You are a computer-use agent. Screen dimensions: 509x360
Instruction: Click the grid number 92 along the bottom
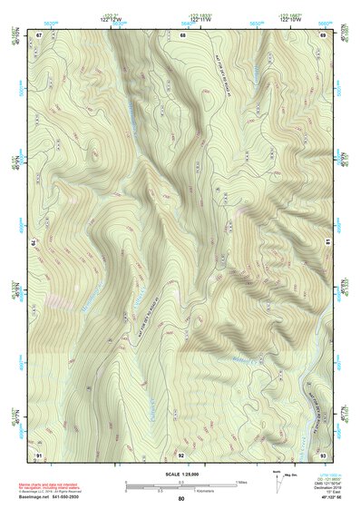(181, 453)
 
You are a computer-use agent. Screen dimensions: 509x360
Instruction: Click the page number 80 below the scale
(181, 498)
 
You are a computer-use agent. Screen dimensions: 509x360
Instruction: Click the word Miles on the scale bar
(240, 482)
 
